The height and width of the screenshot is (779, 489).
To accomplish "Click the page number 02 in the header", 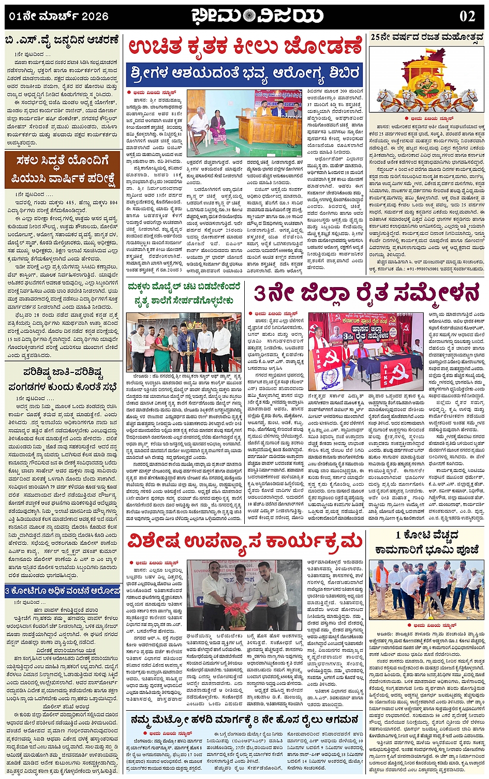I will pos(467,16).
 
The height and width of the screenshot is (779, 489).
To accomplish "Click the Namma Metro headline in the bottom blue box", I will pos(245,720).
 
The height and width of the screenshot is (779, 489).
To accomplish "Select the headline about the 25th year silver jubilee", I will pos(427,38).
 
